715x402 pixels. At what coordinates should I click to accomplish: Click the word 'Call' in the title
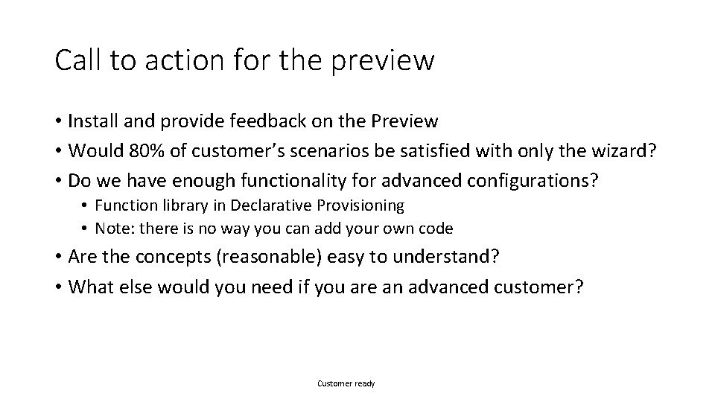[x=77, y=60]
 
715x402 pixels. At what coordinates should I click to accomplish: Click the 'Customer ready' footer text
[x=346, y=383]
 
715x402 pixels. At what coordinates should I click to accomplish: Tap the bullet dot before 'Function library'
[x=86, y=205]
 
